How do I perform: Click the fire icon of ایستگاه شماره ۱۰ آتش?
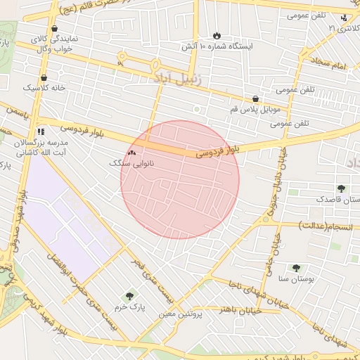(x=217, y=35)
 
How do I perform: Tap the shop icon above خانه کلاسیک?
(x=44, y=78)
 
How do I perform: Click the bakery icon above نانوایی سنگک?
(x=131, y=152)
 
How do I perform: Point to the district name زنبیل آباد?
(x=176, y=79)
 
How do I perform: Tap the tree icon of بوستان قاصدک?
(x=341, y=188)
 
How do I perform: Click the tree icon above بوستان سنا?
(x=295, y=268)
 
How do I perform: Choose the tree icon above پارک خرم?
(x=129, y=296)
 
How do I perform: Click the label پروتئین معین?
(x=181, y=314)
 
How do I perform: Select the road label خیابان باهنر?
(x=240, y=309)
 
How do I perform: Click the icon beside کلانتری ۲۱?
(x=343, y=18)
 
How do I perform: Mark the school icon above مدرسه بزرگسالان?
(x=41, y=131)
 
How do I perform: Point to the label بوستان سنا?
(x=295, y=279)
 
